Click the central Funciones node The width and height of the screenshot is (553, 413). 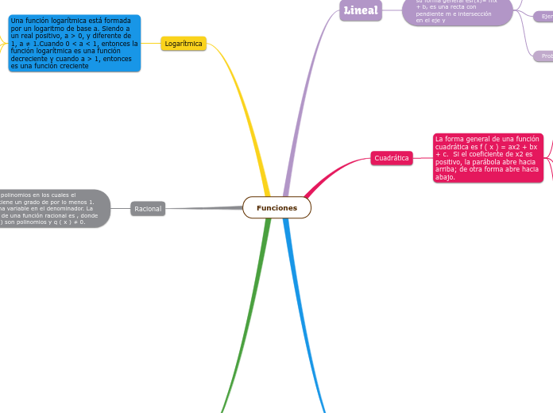pos(276,207)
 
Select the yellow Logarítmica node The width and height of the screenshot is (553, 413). pos(184,44)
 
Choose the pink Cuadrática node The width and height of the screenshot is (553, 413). pos(392,158)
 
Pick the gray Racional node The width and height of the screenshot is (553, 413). pos(148,209)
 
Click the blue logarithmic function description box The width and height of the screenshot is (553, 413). pos(75,43)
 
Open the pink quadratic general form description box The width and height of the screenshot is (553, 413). pos(487,157)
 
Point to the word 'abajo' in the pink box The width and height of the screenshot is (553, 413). pos(445,177)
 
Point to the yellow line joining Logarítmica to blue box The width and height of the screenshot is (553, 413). pos(151,44)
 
